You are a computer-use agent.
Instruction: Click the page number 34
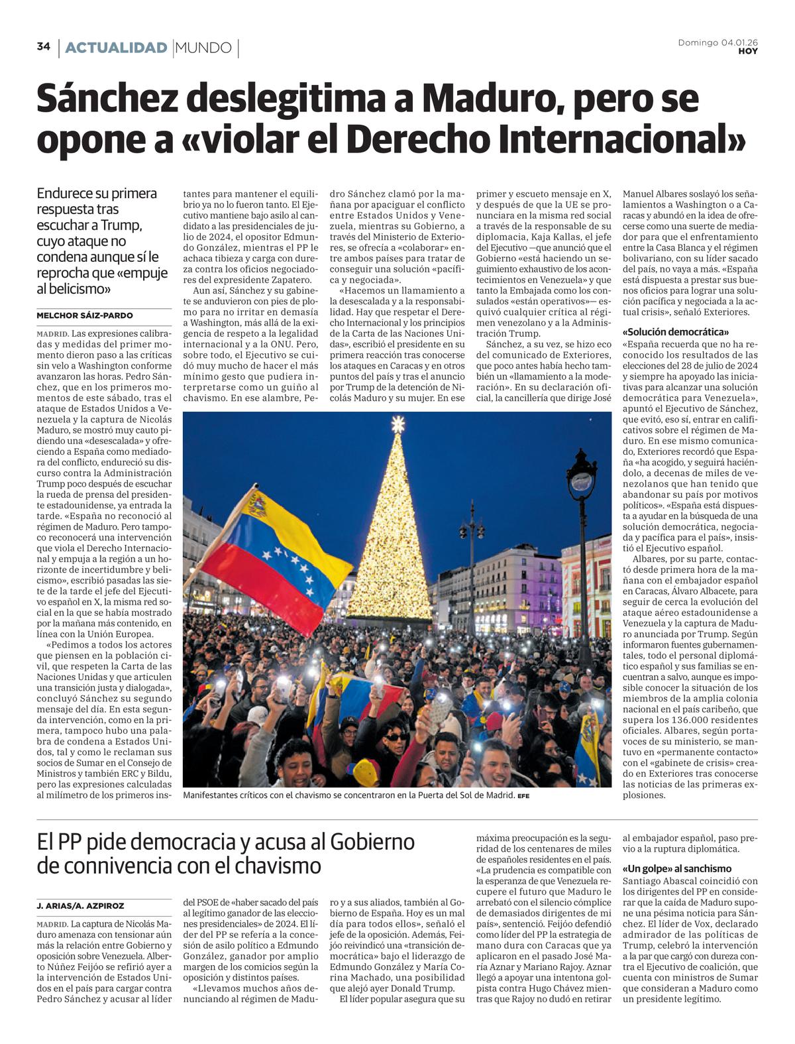pyautogui.click(x=44, y=47)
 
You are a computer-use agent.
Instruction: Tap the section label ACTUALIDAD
pyautogui.click(x=116, y=48)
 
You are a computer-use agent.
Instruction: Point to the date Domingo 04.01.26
pyautogui.click(x=717, y=42)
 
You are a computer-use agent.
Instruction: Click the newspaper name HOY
pyautogui.click(x=748, y=52)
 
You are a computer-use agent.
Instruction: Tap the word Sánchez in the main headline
pyautogui.click(x=107, y=99)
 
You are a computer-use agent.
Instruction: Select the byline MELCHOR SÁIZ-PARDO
pyautogui.click(x=85, y=316)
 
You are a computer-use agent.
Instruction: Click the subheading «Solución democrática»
pyautogui.click(x=676, y=331)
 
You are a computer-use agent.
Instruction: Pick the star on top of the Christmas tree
pyautogui.click(x=397, y=423)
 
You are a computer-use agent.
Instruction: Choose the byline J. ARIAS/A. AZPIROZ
pyautogui.click(x=80, y=905)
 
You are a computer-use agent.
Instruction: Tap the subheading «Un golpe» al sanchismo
pyautogui.click(x=677, y=868)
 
